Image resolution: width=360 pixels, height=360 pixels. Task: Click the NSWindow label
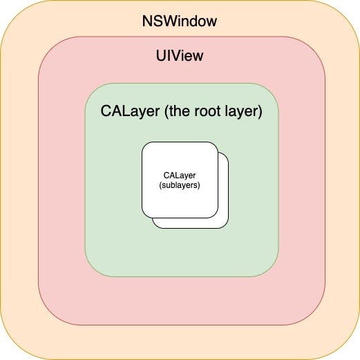pos(180,21)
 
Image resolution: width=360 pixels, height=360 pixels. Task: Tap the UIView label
pos(180,55)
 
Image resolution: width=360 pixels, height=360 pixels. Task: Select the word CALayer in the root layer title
pos(130,111)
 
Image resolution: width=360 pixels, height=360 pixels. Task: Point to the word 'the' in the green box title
pos(179,111)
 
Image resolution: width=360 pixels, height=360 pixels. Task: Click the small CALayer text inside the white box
pos(180,176)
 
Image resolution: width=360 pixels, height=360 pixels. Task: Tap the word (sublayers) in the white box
pos(180,185)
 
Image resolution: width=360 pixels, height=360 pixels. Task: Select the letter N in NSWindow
pos(147,21)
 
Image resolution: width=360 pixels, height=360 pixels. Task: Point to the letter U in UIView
pos(161,56)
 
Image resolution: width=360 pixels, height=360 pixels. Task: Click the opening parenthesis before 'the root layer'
pos(167,112)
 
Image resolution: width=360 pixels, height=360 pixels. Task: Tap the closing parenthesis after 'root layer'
pos(260,112)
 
